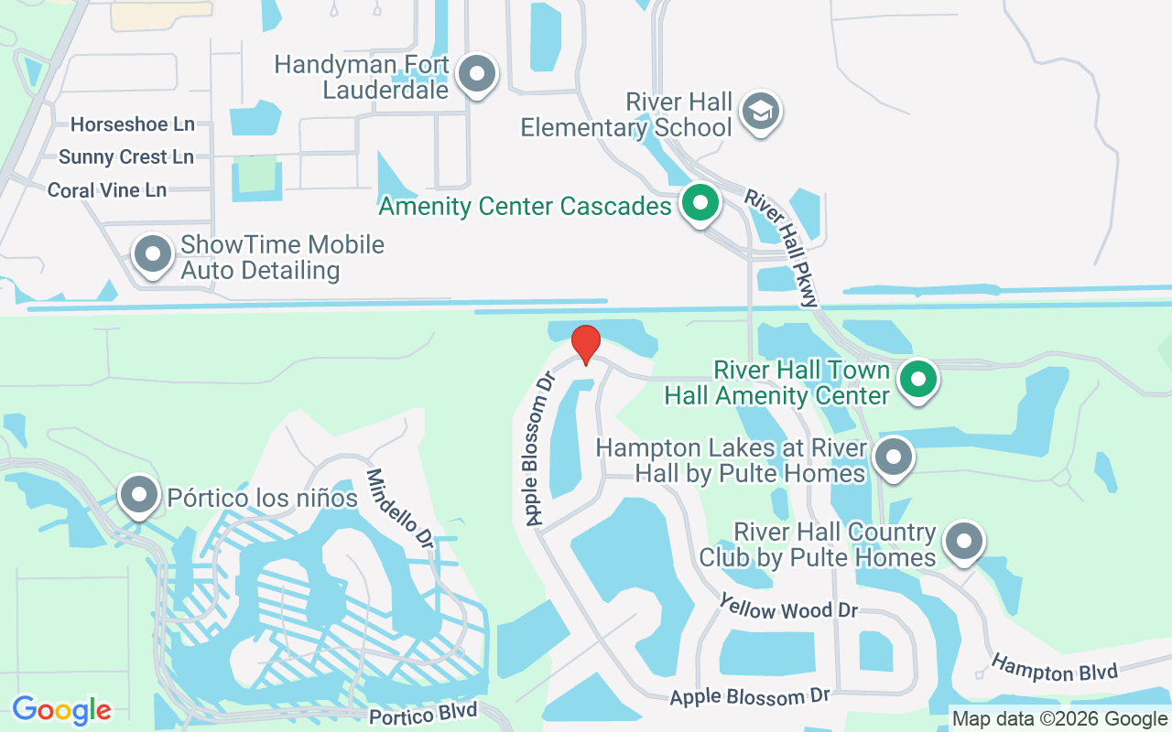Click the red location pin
point(586,345)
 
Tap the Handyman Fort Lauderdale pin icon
point(476,74)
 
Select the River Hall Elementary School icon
point(759,112)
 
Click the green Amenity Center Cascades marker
point(700,203)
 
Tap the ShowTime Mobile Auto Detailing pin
point(153,254)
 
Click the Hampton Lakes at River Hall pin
point(894,456)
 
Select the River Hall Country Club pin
point(963,541)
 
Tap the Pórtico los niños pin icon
point(139,495)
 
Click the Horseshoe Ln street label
point(133,124)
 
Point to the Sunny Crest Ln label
point(126,156)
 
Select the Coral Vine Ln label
point(107,190)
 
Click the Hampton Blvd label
point(1055,668)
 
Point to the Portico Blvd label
point(423,711)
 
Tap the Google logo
point(61,710)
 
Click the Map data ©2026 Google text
point(1059,719)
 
